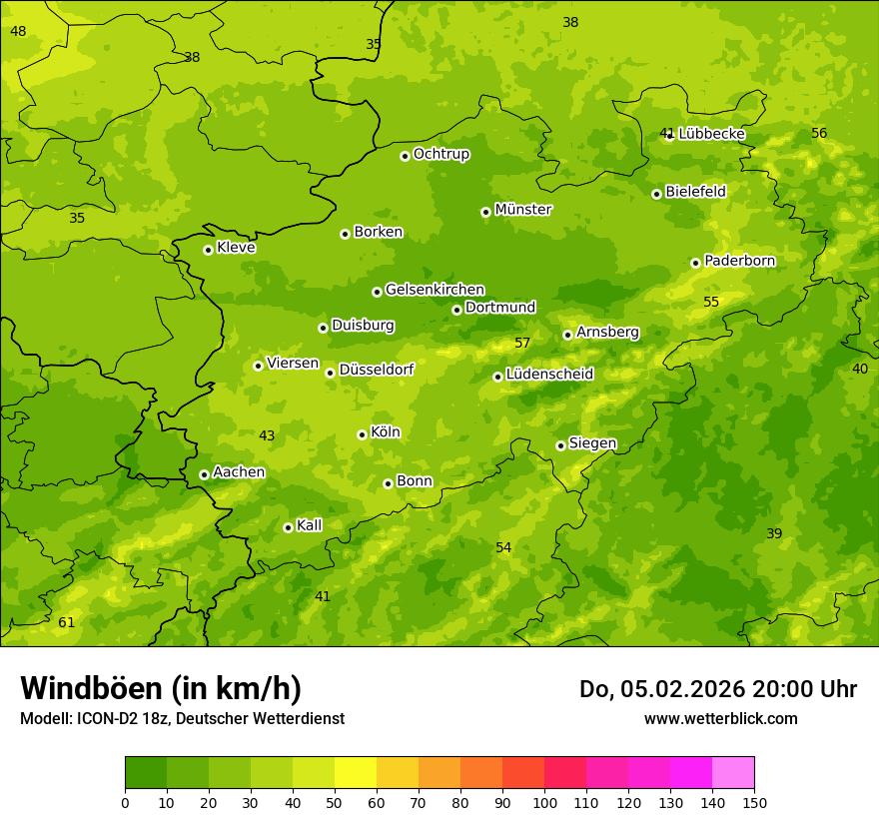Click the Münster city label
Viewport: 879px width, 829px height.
522,210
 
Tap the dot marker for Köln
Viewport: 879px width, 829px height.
362,434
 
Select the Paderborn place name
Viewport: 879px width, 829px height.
739,261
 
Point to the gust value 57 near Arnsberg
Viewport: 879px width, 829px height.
522,344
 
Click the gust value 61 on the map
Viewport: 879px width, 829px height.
66,623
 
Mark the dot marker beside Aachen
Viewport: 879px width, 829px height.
204,474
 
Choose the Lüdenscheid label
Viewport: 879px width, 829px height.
549,375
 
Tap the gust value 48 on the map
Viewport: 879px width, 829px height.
18,32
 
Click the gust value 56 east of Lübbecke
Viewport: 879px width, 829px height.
819,134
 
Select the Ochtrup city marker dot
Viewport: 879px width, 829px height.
405,156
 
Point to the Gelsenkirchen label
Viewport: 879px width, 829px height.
435,290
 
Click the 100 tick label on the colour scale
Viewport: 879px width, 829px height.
544,802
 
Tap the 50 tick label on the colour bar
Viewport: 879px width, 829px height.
335,802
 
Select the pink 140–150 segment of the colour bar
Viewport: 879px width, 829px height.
733,773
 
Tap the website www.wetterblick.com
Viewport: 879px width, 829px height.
720,718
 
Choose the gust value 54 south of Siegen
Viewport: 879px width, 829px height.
503,547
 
